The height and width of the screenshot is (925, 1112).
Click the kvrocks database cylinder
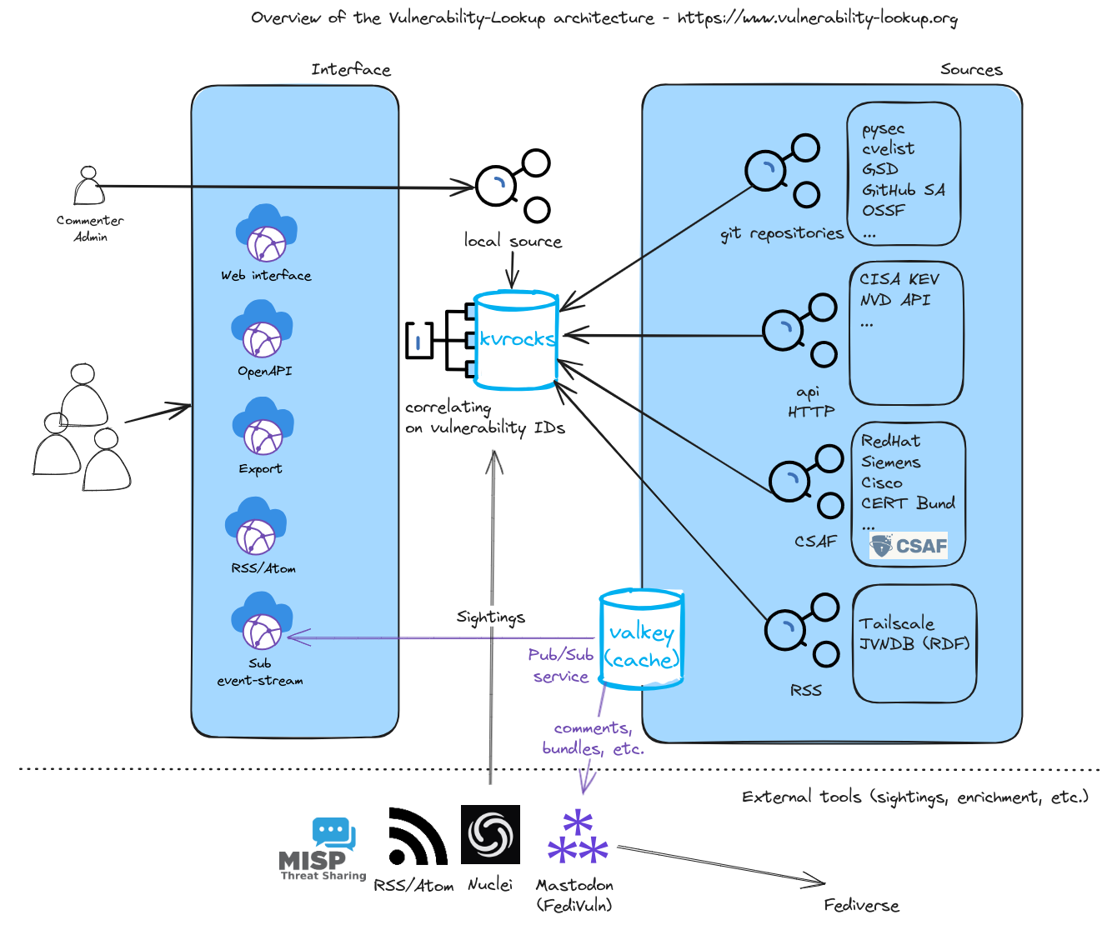point(515,340)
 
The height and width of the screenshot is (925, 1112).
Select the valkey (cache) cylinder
point(641,639)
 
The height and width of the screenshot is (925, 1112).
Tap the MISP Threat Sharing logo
point(323,849)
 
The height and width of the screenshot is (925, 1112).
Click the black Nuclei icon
point(490,834)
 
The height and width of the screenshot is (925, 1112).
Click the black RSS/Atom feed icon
point(417,837)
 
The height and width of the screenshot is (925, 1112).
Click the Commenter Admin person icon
point(88,186)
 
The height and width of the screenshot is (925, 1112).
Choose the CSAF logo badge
point(909,546)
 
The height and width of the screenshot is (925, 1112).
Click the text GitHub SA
point(904,190)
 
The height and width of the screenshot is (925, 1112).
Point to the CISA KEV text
point(899,279)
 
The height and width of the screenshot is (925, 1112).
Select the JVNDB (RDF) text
point(914,644)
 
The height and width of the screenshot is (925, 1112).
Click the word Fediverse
point(861,906)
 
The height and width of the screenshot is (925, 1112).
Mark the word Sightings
point(490,617)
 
